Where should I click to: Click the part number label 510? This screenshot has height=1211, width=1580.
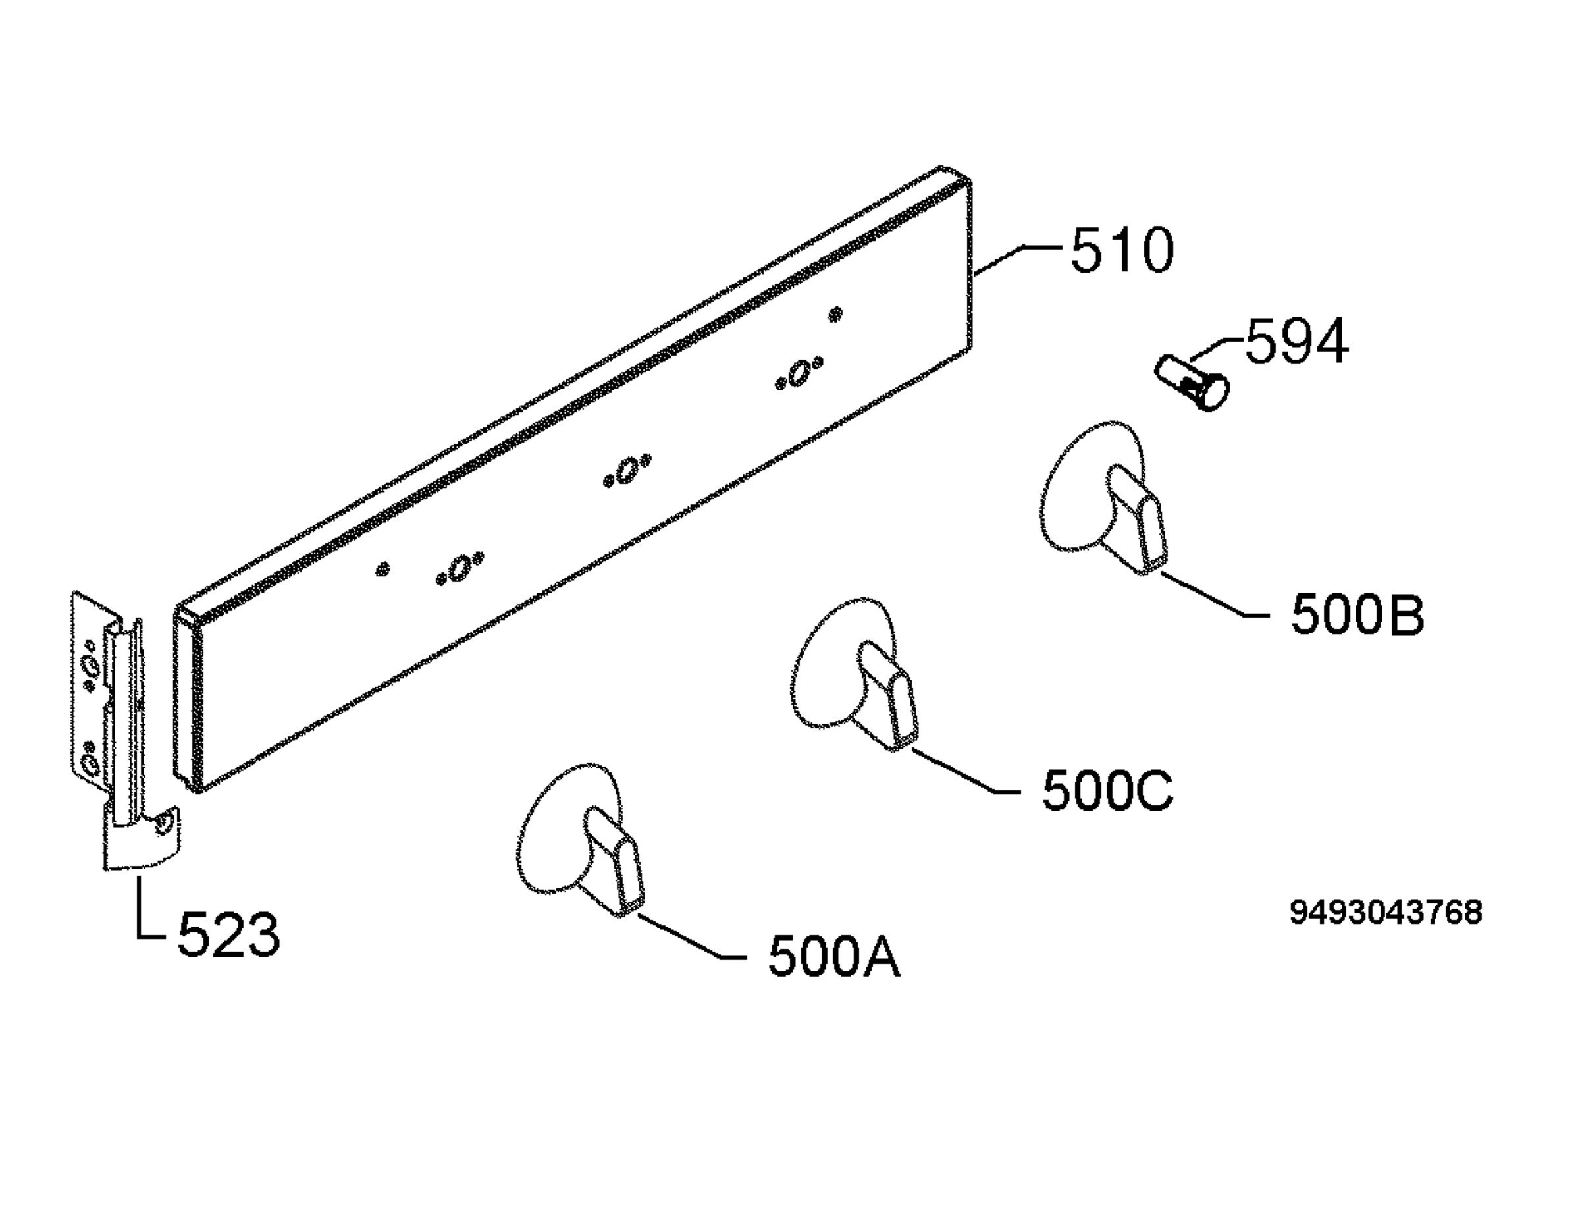[x=1122, y=250]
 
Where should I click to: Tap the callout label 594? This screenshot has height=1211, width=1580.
[x=1297, y=341]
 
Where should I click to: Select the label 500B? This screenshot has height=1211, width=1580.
[x=1357, y=615]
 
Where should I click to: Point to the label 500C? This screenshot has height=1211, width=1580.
[x=1108, y=791]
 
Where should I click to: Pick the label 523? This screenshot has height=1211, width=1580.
[x=228, y=935]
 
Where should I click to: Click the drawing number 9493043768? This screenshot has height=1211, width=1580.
[x=1386, y=912]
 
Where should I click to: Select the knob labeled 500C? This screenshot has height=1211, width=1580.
[x=855, y=676]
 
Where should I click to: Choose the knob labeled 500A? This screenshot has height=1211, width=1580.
[x=581, y=839]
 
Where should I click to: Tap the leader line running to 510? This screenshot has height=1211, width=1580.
[x=1016, y=260]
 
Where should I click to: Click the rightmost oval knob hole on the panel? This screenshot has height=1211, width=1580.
[x=799, y=374]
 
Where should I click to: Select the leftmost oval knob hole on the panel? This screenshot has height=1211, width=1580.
[x=459, y=568]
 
